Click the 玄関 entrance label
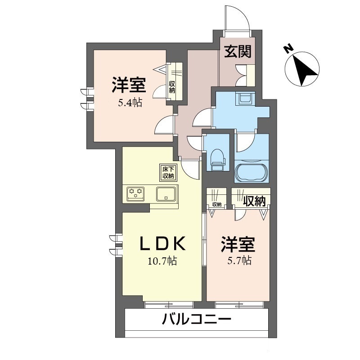click(x=238, y=52)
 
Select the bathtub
click(x=252, y=172)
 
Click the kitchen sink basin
click(x=166, y=193)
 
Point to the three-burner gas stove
click(x=136, y=193)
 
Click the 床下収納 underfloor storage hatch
click(x=168, y=173)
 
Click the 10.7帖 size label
click(x=162, y=261)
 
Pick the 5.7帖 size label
click(x=240, y=261)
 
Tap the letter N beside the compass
click(x=288, y=49)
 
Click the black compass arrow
click(x=305, y=71)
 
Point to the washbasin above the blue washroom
click(x=246, y=98)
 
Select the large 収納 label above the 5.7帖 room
click(x=254, y=201)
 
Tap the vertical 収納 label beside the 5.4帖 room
click(x=172, y=87)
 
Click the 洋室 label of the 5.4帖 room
click(x=129, y=85)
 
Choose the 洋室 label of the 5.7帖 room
click(x=238, y=244)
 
